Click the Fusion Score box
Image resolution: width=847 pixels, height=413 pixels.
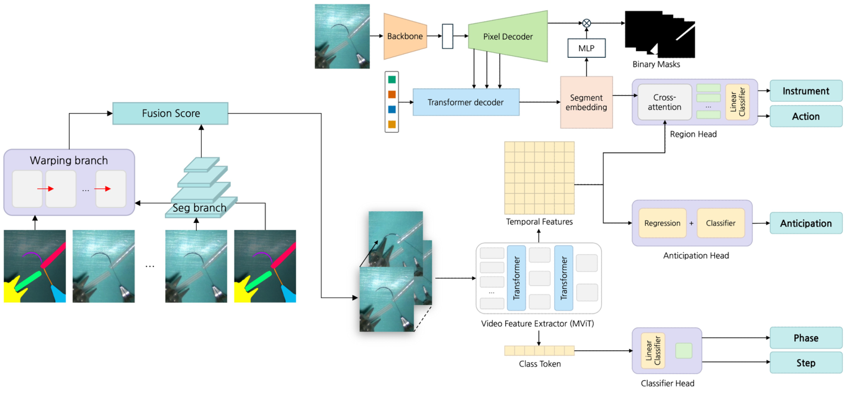[x=171, y=113]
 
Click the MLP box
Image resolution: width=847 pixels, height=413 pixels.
[x=586, y=48]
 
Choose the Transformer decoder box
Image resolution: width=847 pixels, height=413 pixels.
[x=466, y=102]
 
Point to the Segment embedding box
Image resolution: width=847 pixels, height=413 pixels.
[x=586, y=102]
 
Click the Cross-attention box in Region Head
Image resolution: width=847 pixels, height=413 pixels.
[x=664, y=102]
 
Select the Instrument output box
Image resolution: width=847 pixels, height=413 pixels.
[x=806, y=91]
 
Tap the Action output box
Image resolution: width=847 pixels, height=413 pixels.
[x=806, y=117]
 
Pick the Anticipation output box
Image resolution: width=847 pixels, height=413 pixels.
[x=806, y=223]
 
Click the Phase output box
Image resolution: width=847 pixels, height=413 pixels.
[x=806, y=338]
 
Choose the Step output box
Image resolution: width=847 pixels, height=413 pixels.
[x=806, y=363]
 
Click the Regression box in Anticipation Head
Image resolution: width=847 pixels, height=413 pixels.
[x=662, y=223]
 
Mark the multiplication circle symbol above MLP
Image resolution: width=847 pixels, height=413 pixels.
[x=586, y=23]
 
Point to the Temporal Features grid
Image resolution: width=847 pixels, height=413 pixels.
[x=539, y=178]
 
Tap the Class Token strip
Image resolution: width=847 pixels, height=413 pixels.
[x=539, y=351]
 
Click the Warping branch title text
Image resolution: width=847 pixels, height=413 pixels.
[x=69, y=161]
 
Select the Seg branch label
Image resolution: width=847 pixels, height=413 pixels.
[x=199, y=208]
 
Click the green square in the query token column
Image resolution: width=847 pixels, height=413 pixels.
[x=392, y=80]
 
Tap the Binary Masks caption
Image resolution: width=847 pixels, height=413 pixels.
[x=656, y=65]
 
